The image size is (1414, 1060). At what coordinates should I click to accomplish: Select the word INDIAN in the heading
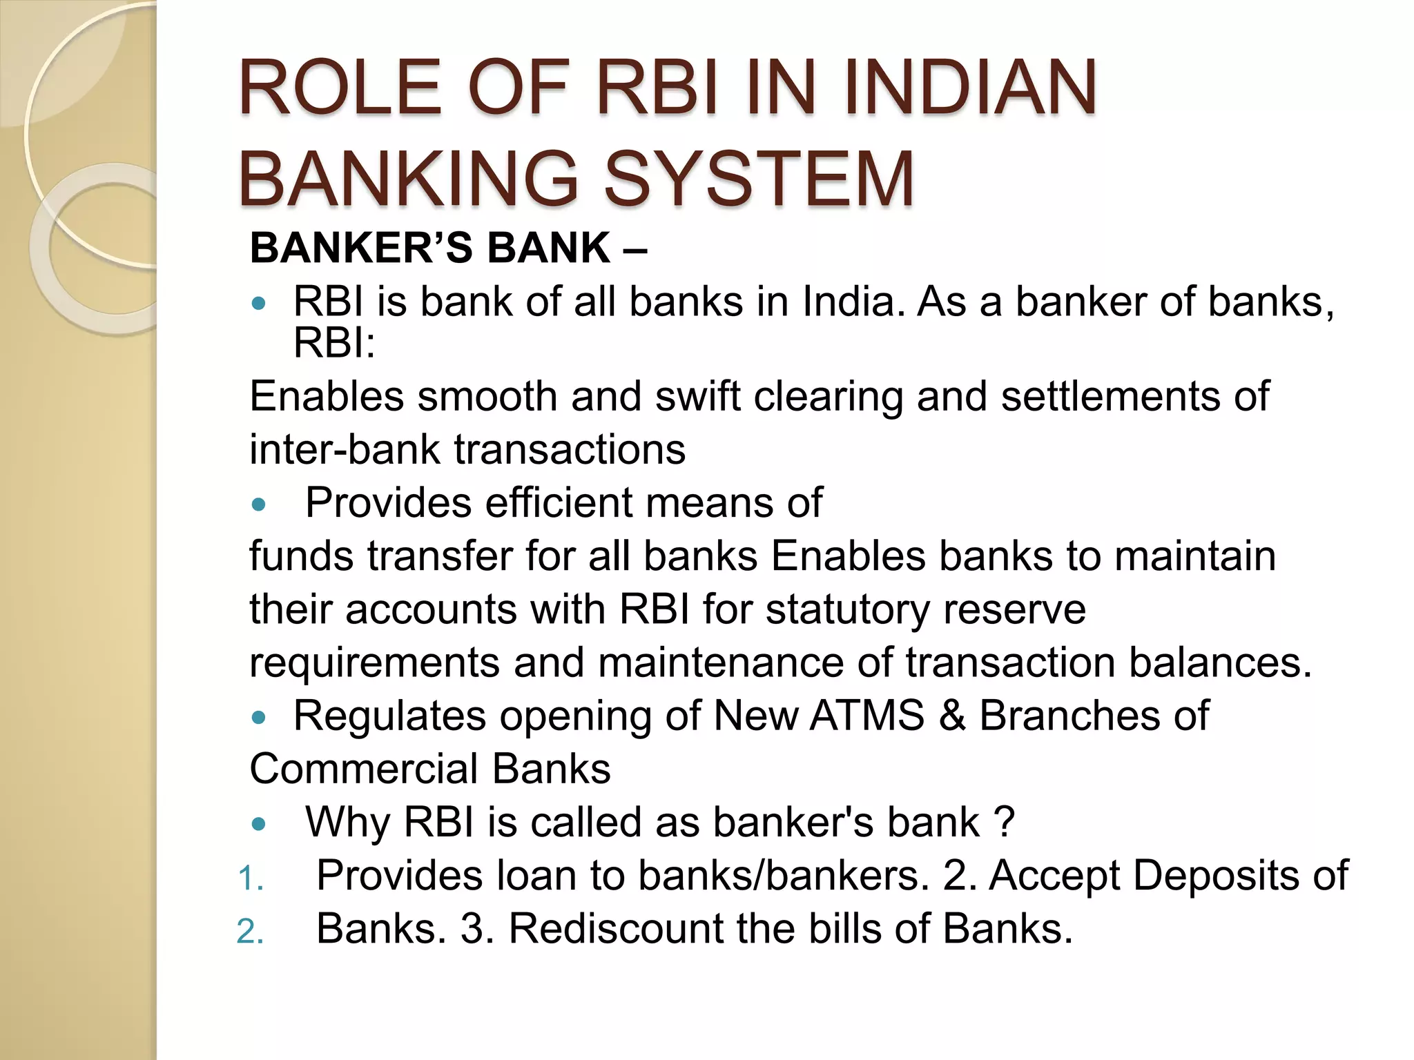[x=969, y=88]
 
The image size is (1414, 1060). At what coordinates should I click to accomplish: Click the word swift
[x=697, y=397]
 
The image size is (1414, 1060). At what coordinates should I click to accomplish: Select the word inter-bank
[x=345, y=450]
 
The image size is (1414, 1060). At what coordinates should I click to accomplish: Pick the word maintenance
[x=721, y=662]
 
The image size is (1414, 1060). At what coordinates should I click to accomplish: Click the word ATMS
[x=866, y=716]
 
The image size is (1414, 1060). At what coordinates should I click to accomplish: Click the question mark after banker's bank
[x=1006, y=822]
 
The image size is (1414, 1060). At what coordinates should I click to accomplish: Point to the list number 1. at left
[x=250, y=879]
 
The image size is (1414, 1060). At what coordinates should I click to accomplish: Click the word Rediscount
[x=614, y=929]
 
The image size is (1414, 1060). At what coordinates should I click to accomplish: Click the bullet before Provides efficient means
[x=259, y=505]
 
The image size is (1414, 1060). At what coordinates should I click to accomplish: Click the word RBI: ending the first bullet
[x=334, y=343]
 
